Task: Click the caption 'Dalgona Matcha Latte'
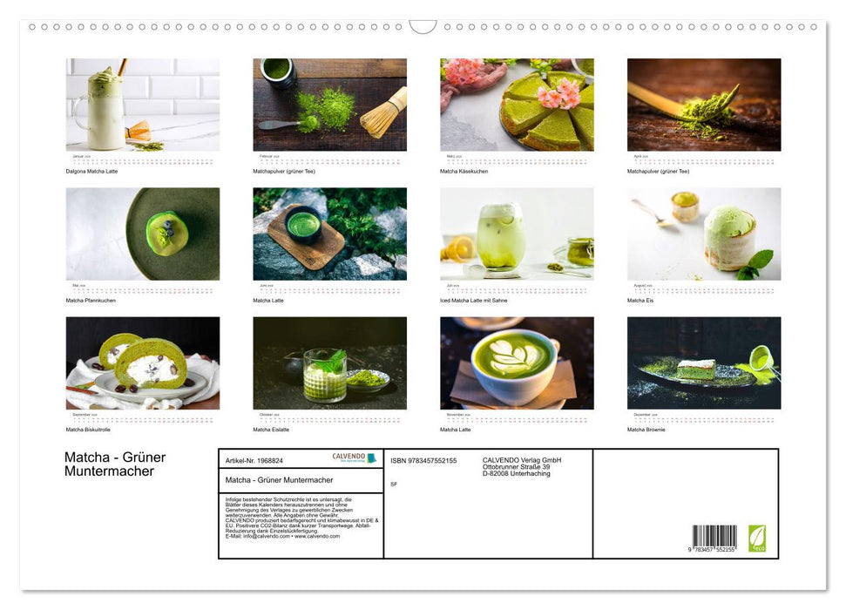click(91, 171)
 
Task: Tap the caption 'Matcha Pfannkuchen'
click(91, 300)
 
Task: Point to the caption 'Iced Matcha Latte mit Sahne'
click(473, 300)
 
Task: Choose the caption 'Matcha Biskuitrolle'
click(88, 429)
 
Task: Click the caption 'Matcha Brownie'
click(646, 429)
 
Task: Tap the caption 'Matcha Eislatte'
click(271, 429)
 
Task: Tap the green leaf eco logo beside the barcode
click(757, 538)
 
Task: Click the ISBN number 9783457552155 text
click(423, 460)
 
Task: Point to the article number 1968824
click(254, 460)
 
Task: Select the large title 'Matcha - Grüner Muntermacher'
click(114, 464)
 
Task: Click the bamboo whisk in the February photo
click(384, 113)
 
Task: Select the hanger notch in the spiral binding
click(423, 26)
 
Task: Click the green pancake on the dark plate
click(166, 233)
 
